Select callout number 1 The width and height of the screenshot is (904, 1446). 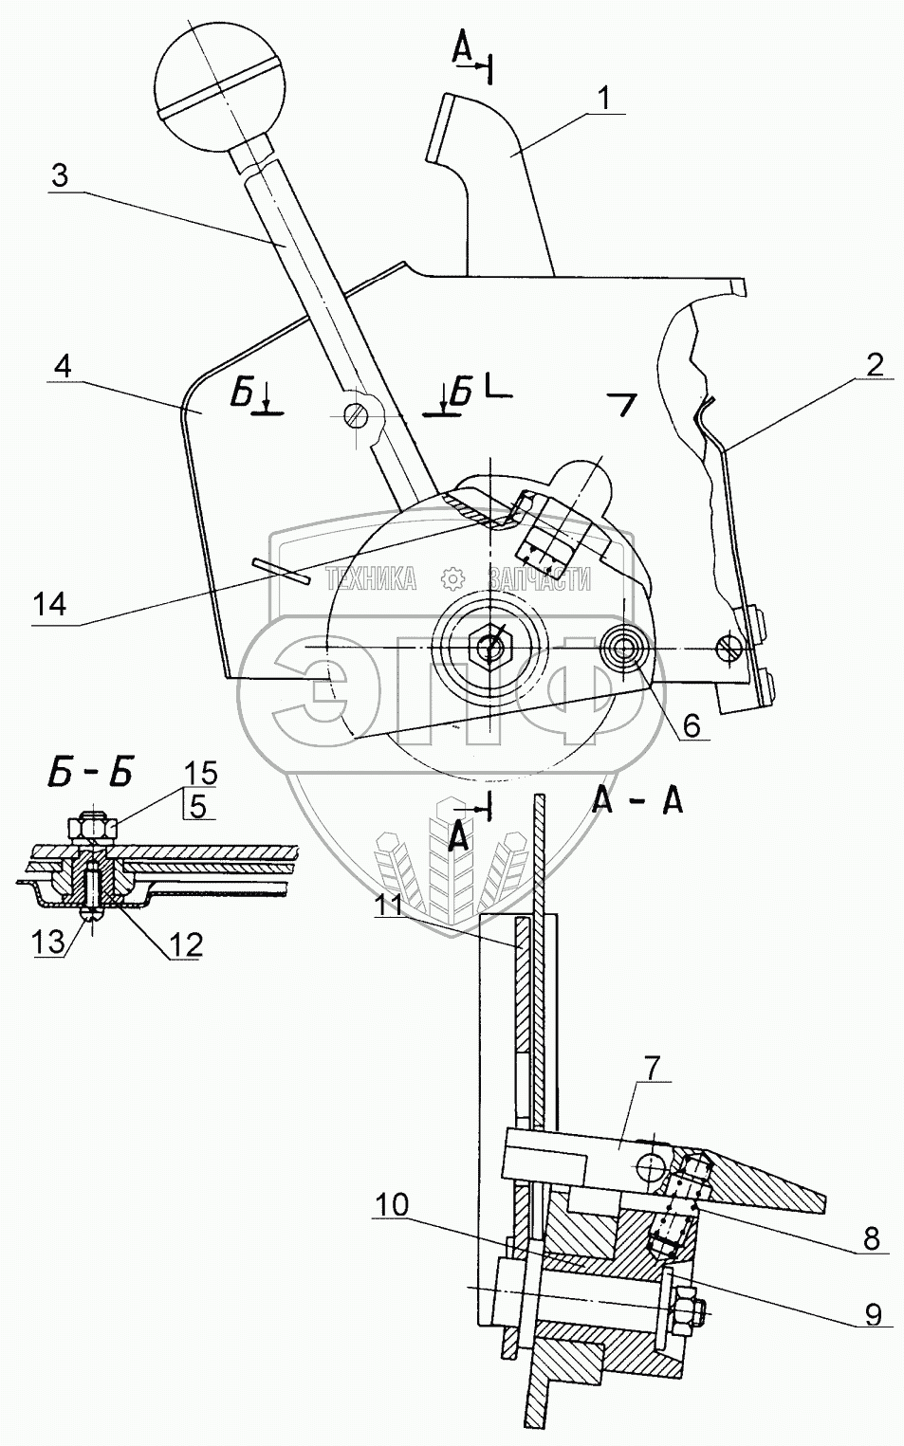click(x=604, y=97)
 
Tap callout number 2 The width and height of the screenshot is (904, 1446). click(x=873, y=363)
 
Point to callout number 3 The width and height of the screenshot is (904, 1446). click(x=59, y=176)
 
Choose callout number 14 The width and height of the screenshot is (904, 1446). click(x=49, y=604)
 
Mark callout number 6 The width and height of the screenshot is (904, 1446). click(x=691, y=725)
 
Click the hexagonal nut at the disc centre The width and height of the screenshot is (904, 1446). click(x=490, y=647)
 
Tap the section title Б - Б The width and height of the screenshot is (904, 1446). click(x=90, y=773)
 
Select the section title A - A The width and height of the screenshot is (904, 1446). click(x=636, y=801)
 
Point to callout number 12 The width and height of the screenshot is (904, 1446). click(x=187, y=943)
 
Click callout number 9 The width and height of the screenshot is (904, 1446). click(x=874, y=1313)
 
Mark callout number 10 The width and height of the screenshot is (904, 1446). click(x=392, y=1204)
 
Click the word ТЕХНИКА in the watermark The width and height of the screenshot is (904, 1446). click(x=371, y=578)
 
